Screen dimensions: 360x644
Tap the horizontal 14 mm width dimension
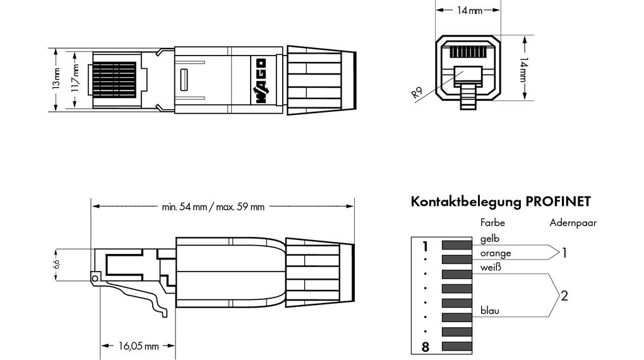(x=468, y=11)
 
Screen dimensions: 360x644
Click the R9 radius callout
(x=417, y=93)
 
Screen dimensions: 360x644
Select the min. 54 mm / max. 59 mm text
(x=213, y=207)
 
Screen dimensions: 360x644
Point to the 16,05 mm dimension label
(x=138, y=345)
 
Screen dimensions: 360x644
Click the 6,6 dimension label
(x=56, y=263)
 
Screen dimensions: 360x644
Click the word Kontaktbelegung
(x=466, y=202)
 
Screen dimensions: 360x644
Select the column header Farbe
(x=492, y=222)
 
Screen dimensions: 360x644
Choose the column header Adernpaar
(x=573, y=222)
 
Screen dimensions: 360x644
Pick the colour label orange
(x=496, y=253)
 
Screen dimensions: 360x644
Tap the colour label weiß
(x=491, y=267)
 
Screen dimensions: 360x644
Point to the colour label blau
(x=490, y=310)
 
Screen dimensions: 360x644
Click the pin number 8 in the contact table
(x=425, y=346)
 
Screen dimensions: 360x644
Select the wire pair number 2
(x=564, y=295)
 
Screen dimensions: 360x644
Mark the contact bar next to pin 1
(x=457, y=246)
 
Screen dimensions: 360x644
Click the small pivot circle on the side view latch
(x=95, y=278)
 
